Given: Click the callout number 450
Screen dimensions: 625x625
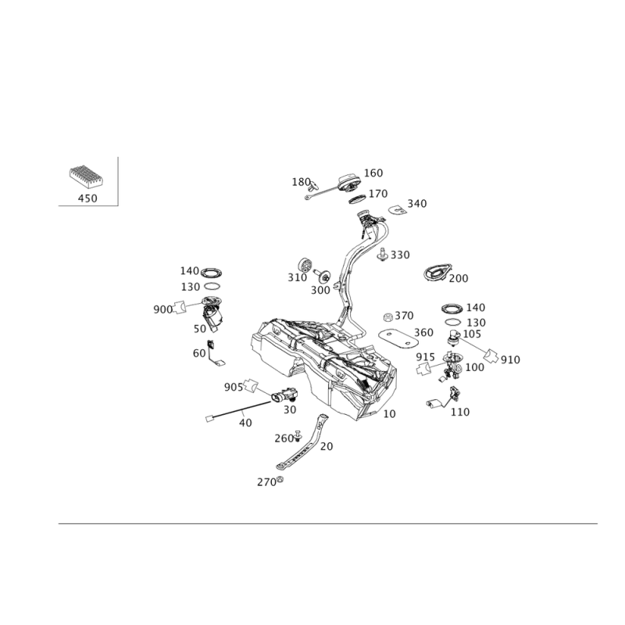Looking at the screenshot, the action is tap(87, 198).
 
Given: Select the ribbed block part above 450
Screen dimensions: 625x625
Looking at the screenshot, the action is tap(85, 177).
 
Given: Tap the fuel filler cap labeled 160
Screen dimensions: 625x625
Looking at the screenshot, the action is tap(349, 183).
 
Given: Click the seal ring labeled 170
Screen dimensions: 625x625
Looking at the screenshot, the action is tap(358, 198).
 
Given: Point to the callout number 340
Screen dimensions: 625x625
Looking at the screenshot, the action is tap(417, 204).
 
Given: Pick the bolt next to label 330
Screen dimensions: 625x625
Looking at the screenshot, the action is tap(383, 255).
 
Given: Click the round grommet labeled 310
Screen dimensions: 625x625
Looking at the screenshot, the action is tap(305, 265).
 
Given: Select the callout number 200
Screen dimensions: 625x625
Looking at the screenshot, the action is tap(459, 278).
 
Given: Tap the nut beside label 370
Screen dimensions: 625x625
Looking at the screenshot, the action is tap(387, 317).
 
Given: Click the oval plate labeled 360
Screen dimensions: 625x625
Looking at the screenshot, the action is tap(398, 338).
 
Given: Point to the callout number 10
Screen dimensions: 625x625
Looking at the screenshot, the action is tap(389, 414).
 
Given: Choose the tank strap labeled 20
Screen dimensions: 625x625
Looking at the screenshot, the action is tap(302, 442).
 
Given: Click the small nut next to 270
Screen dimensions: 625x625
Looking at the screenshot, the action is tap(280, 480).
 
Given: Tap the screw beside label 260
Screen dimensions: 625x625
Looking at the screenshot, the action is tap(298, 436).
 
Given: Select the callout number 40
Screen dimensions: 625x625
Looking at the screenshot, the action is tap(245, 423).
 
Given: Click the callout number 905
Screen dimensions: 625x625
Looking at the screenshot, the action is tap(234, 387).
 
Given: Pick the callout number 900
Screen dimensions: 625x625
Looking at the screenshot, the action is tap(163, 309).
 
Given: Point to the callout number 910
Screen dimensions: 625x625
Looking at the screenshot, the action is tap(510, 360).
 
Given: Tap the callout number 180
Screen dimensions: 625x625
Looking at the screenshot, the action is tap(302, 182).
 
